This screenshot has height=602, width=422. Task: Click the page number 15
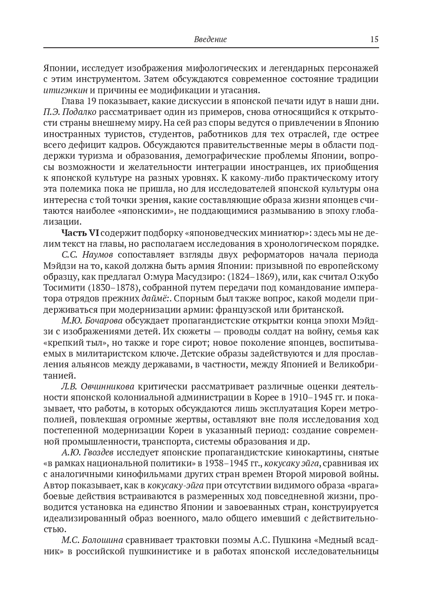click(374, 39)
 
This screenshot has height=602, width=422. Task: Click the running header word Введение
click(210, 39)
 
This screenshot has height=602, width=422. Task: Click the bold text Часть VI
click(80, 233)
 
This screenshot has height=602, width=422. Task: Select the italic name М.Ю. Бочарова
click(91, 321)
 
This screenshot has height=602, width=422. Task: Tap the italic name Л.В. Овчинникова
click(97, 386)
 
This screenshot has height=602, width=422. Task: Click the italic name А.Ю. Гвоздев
click(87, 452)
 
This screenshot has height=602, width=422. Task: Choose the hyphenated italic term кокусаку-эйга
click(175, 485)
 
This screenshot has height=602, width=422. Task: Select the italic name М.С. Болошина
click(92, 540)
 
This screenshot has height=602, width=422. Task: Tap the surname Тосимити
click(65, 288)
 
